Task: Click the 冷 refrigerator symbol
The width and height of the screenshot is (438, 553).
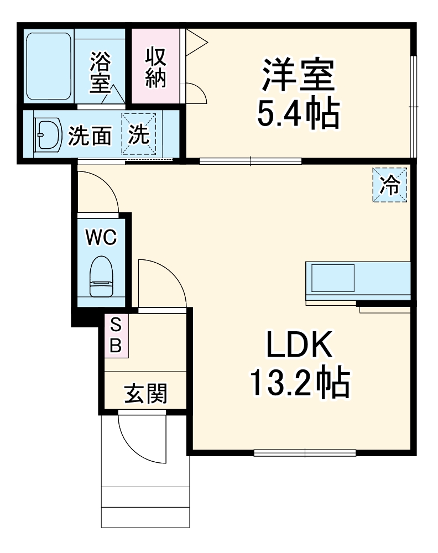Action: (x=390, y=185)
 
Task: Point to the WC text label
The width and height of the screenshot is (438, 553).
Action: (x=101, y=237)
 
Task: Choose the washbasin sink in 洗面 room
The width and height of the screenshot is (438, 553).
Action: (x=47, y=135)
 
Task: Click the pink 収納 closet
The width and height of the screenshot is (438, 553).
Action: (x=155, y=66)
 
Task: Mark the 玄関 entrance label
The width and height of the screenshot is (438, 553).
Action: (x=145, y=394)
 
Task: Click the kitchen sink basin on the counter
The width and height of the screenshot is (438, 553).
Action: (x=332, y=278)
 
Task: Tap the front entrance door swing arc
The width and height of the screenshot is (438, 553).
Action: (x=135, y=442)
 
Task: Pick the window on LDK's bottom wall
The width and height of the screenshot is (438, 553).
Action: (x=305, y=453)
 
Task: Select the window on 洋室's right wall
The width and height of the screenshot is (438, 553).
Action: (x=413, y=105)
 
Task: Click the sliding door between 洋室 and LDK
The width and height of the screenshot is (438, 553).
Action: (x=251, y=161)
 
